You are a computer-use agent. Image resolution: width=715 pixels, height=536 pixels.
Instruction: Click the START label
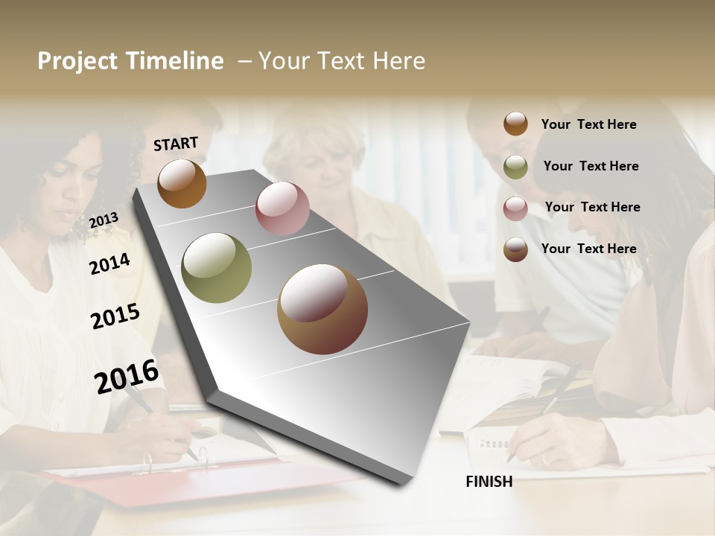(x=176, y=144)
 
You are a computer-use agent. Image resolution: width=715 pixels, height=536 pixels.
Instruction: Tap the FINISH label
(x=489, y=482)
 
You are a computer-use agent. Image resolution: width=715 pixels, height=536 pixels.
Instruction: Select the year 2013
(x=104, y=220)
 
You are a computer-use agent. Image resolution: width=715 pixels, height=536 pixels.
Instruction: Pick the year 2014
(x=109, y=264)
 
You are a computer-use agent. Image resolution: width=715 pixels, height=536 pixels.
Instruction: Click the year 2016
(x=127, y=376)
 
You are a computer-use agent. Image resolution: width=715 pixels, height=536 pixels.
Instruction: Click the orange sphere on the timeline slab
(x=182, y=183)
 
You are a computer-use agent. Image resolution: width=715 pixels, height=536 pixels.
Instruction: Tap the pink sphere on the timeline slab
(x=282, y=208)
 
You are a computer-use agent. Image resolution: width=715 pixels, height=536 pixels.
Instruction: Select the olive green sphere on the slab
(x=217, y=268)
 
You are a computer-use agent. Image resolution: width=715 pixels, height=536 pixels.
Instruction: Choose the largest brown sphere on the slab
(x=322, y=309)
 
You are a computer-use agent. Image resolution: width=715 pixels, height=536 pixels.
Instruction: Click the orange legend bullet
(x=515, y=124)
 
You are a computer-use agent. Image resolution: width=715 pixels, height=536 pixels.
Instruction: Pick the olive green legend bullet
(x=515, y=167)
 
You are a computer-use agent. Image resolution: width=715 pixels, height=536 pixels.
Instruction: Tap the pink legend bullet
(x=515, y=208)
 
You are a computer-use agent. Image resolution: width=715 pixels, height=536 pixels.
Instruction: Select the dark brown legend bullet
(x=515, y=249)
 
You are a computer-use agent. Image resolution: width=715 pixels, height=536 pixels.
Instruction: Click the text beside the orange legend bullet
(x=588, y=124)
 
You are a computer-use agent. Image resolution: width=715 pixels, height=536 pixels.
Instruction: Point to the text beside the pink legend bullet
(x=592, y=207)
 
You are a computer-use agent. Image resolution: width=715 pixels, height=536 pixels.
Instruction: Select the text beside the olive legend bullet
(x=591, y=166)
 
